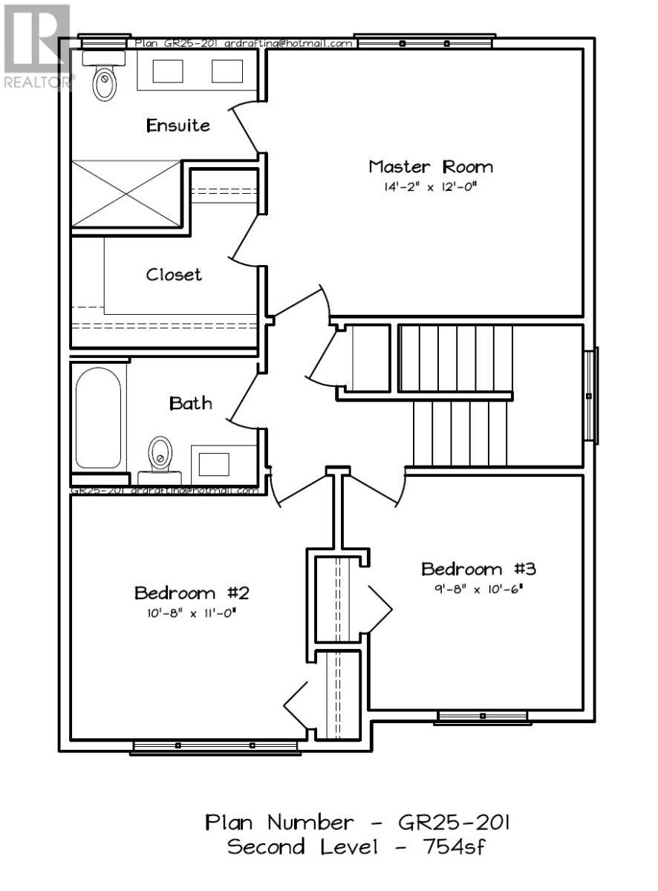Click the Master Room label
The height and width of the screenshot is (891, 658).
430,166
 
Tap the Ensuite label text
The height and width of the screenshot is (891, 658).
177,125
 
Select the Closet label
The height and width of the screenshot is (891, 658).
173,275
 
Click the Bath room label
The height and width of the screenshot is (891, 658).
191,403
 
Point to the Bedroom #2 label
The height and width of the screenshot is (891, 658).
190,593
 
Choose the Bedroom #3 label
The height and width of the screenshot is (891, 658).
478,569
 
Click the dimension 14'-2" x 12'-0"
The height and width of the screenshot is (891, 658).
429,188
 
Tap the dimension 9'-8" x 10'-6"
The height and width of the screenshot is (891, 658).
479,590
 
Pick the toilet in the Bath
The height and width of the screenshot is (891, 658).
160,454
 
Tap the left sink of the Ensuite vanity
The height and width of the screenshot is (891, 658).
168,71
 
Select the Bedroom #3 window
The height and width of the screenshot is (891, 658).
482,717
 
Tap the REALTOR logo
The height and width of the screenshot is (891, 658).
37,45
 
